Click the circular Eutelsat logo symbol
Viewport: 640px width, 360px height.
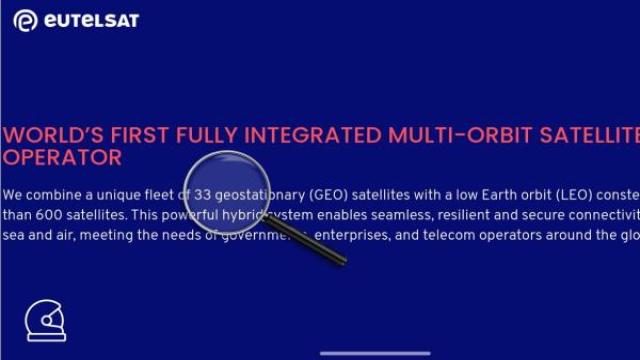(x=25, y=21)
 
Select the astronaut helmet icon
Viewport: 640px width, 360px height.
(x=44, y=321)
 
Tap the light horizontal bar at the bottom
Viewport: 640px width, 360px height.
(x=375, y=352)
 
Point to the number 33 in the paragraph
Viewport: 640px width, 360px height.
(x=203, y=193)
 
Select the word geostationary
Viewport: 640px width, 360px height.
(x=259, y=193)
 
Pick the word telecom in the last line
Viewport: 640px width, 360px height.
(x=465, y=235)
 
